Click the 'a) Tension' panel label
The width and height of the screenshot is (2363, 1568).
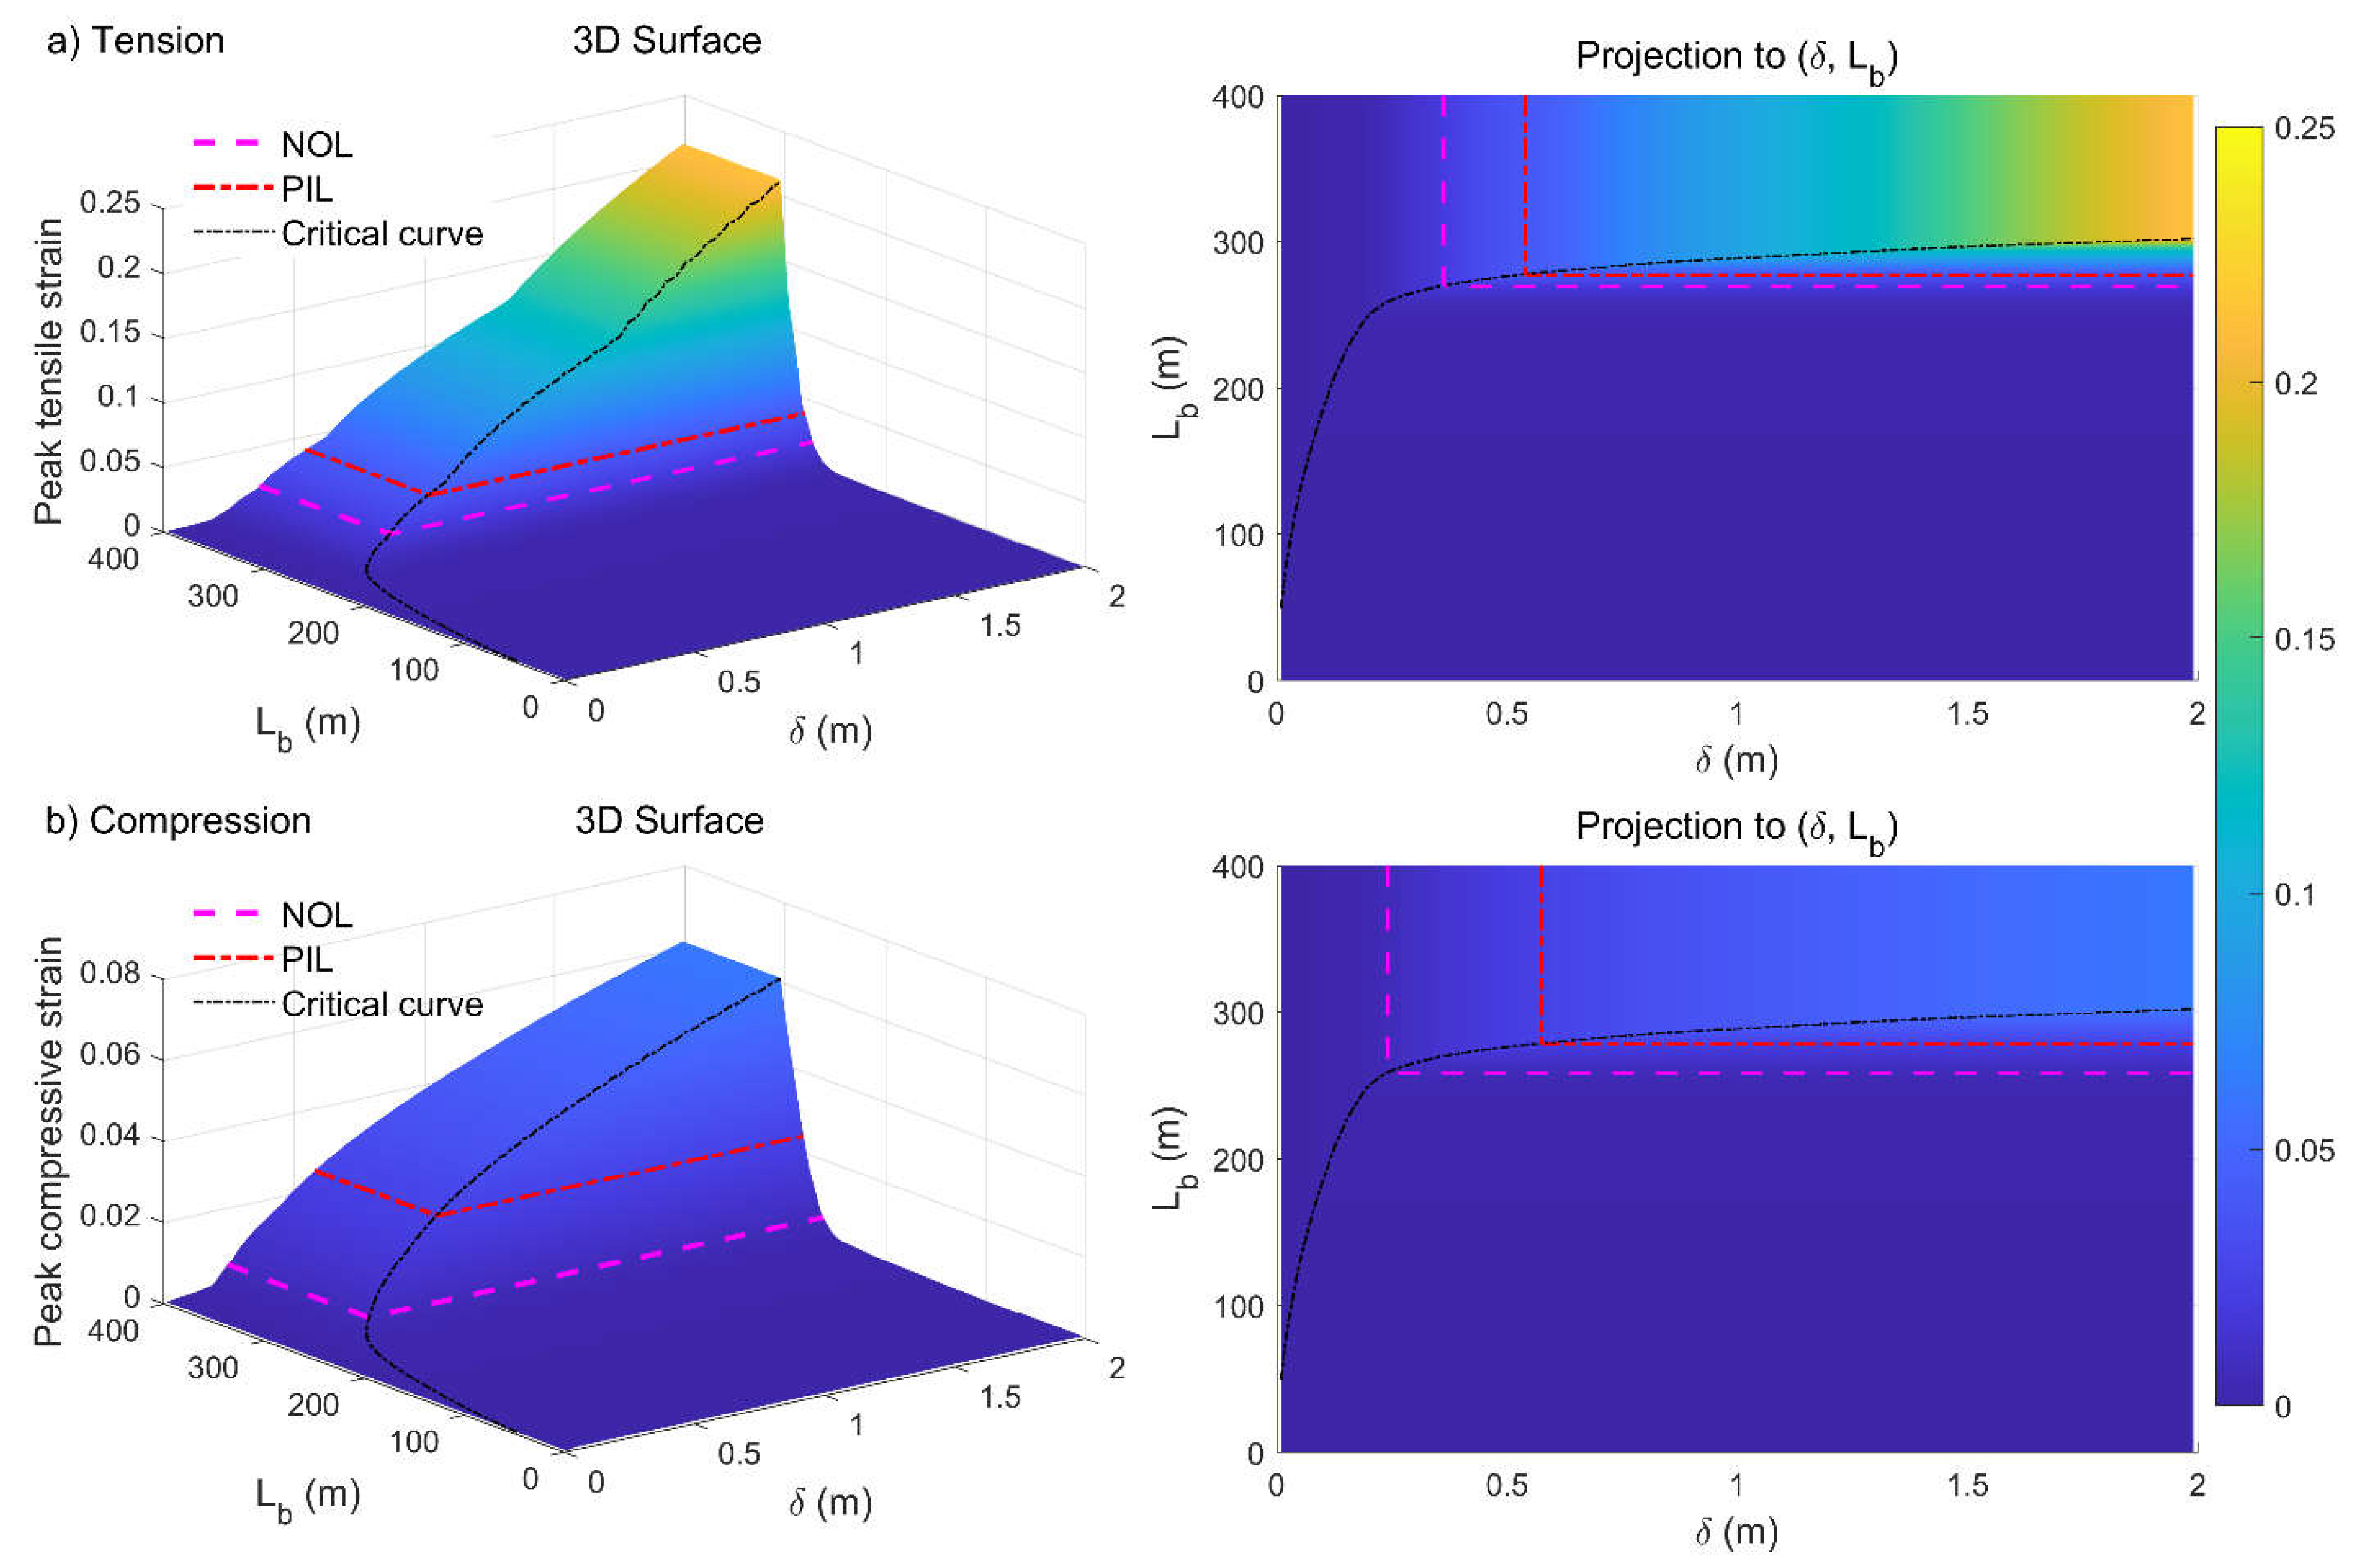136,41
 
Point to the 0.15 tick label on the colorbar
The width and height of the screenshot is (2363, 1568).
2304,639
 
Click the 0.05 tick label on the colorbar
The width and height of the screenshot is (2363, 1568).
2304,1150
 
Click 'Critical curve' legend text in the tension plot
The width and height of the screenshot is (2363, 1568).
382,234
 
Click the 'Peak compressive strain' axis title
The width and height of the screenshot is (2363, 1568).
48,1140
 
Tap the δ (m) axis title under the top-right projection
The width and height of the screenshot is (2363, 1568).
1736,760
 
